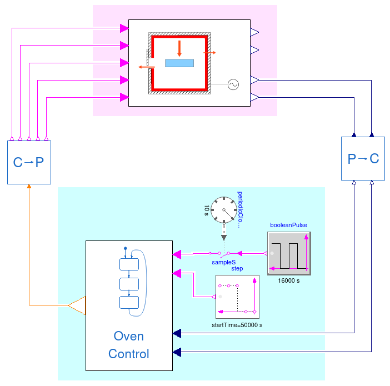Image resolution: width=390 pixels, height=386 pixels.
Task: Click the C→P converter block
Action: click(28, 162)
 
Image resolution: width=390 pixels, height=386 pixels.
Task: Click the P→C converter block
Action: click(363, 159)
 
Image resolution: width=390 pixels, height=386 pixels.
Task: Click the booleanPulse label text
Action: click(289, 225)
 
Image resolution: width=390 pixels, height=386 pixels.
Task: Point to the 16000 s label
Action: click(289, 281)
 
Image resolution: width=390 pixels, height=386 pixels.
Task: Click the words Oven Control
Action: click(129, 345)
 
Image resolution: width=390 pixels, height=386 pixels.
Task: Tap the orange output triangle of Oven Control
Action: click(77, 305)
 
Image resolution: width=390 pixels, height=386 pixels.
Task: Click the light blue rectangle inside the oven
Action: click(179, 63)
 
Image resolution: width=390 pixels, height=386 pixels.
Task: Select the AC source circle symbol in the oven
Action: click(233, 84)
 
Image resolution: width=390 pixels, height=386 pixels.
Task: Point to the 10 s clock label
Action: click(207, 210)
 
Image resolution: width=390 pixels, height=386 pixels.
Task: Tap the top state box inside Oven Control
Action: click(128, 264)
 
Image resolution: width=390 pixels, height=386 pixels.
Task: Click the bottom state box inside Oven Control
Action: click(128, 302)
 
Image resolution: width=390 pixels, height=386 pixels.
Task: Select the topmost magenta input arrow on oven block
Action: click(124, 27)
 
